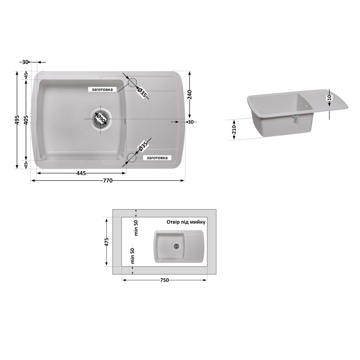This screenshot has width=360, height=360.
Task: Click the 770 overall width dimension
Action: click(x=108, y=181)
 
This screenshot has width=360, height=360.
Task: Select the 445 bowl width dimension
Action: click(x=81, y=173)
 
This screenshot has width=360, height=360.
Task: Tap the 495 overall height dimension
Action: click(x=17, y=120)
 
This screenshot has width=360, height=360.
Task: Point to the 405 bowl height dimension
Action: click(x=26, y=120)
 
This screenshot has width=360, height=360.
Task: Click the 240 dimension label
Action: click(x=189, y=94)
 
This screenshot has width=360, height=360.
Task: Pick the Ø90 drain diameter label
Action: click(x=101, y=119)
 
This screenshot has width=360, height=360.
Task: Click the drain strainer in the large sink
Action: click(x=101, y=119)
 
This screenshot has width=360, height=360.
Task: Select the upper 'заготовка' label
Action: click(x=102, y=90)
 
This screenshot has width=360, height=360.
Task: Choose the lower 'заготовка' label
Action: click(x=157, y=158)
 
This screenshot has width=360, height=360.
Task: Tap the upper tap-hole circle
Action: click(x=132, y=79)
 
